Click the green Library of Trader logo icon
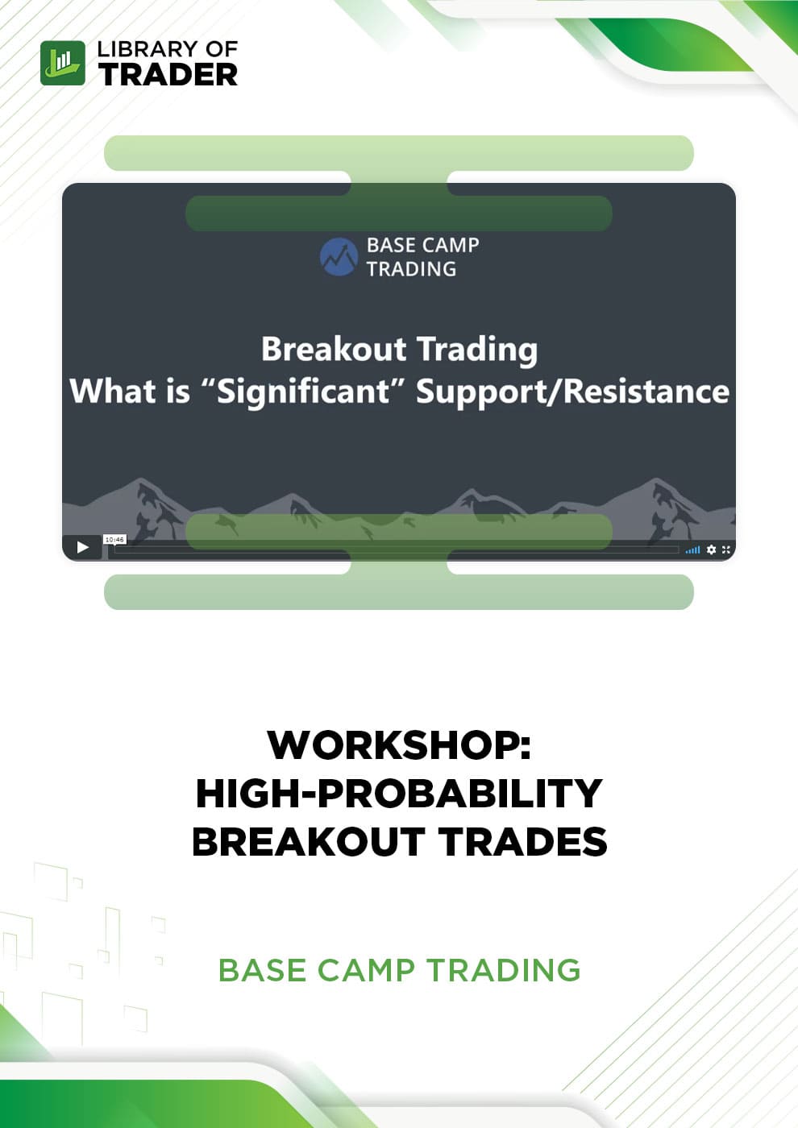[63, 63]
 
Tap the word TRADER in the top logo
[168, 74]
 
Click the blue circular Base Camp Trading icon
[339, 257]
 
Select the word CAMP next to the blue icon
[450, 245]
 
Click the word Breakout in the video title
[334, 348]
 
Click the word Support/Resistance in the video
[573, 392]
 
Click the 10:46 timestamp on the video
[114, 540]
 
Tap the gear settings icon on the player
[711, 549]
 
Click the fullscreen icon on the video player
[726, 549]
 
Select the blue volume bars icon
[692, 549]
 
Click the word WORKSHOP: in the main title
[400, 745]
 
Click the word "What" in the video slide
[114, 392]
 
